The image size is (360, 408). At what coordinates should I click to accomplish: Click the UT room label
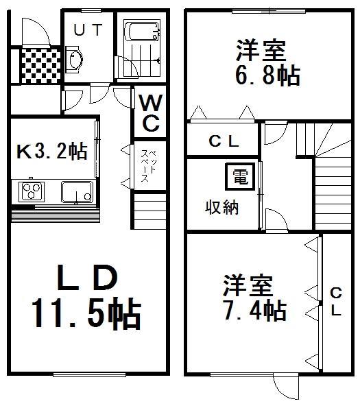[88, 30]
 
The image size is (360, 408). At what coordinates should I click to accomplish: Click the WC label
[151, 114]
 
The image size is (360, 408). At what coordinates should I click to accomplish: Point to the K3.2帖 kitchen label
[52, 152]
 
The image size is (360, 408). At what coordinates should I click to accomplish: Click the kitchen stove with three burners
[30, 191]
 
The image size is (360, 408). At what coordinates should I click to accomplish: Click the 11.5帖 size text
[85, 314]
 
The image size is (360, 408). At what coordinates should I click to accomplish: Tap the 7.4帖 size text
[254, 311]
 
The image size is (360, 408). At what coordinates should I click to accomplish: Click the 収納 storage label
[223, 208]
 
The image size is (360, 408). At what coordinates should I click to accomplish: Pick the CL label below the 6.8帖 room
[224, 142]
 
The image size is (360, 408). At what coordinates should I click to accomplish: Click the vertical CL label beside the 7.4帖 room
[336, 301]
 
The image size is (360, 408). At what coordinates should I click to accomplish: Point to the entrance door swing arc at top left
[31, 29]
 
